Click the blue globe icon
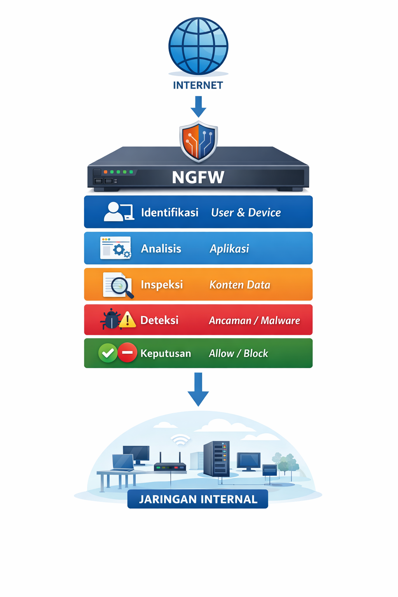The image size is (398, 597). click(x=198, y=46)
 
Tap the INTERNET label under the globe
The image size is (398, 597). click(x=198, y=85)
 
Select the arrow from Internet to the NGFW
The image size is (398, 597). click(x=198, y=106)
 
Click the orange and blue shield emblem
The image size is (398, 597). click(x=199, y=141)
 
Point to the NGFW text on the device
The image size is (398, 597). click(x=198, y=177)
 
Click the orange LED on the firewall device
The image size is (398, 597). click(x=106, y=172)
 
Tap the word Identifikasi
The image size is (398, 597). click(x=169, y=213)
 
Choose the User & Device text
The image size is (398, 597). click(x=246, y=213)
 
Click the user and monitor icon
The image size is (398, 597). click(x=119, y=212)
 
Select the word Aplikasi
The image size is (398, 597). click(x=229, y=249)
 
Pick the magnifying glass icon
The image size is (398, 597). click(x=121, y=287)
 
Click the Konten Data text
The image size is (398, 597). click(x=239, y=285)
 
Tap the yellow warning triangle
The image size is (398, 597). click(x=127, y=320)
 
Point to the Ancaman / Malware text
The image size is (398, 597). click(x=254, y=321)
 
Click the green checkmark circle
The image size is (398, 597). click(x=108, y=353)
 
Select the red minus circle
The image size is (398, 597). click(x=127, y=353)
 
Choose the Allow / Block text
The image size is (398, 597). click(x=238, y=353)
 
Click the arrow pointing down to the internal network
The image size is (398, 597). click(x=198, y=389)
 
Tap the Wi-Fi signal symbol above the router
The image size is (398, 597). click(x=180, y=439)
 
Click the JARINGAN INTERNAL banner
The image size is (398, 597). click(x=198, y=499)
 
